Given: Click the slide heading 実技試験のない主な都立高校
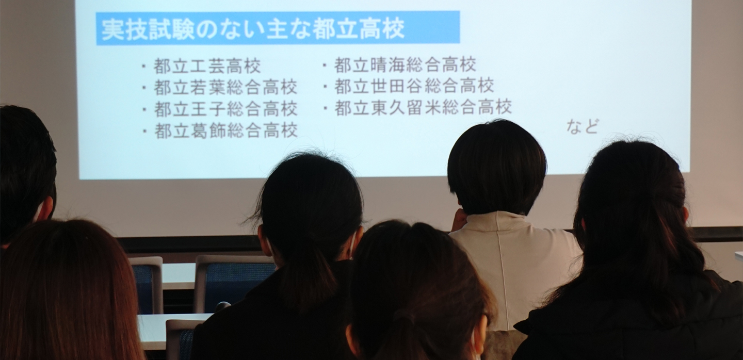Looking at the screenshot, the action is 253,29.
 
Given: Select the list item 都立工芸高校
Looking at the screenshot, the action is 207,66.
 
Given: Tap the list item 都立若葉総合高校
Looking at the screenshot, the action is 225,88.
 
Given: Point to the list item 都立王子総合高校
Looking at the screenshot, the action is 225,109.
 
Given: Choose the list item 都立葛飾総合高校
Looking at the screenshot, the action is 225,130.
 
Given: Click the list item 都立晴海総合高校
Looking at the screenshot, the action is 405,64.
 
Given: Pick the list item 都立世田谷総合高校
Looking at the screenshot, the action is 414,86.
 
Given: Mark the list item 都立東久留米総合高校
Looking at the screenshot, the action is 423,107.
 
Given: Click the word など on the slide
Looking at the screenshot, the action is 583,127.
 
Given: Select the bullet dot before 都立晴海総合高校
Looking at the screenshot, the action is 325,65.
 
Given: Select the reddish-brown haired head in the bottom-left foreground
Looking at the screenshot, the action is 67,292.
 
